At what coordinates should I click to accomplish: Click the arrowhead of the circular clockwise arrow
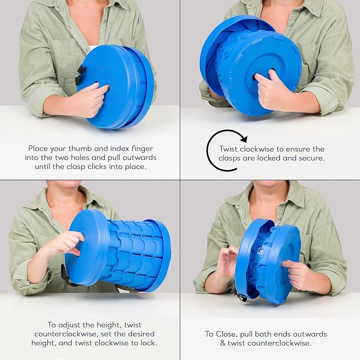click(x=244, y=138)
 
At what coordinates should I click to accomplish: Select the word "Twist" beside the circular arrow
click(x=229, y=149)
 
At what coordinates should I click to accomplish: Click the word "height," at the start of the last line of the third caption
click(x=44, y=343)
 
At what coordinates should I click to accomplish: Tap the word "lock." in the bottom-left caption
click(x=149, y=343)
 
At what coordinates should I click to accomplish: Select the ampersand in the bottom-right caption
click(x=223, y=343)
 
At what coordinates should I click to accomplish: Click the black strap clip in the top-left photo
click(x=79, y=75)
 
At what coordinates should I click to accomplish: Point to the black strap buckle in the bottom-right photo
click(x=242, y=297)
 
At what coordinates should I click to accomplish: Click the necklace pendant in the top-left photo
click(x=87, y=20)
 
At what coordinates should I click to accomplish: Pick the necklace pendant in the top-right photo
click(x=273, y=21)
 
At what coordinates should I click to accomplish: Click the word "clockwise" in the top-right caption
click(x=257, y=149)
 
